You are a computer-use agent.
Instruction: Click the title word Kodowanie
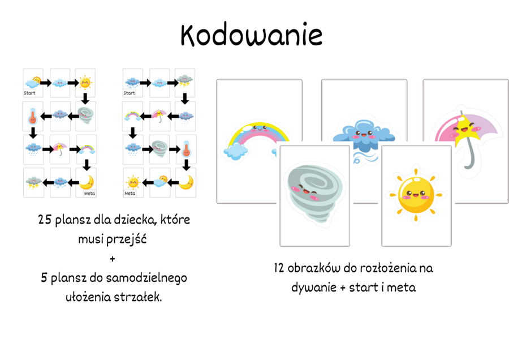[x=251, y=35]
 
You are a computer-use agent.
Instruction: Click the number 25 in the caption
[x=45, y=220]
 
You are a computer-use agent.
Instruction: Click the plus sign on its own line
[x=112, y=259]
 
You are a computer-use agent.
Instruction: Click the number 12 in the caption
[x=279, y=268]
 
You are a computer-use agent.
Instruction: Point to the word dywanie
[x=313, y=288]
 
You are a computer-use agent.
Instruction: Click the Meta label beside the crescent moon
[x=89, y=193]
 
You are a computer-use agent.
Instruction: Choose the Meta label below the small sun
[x=130, y=193]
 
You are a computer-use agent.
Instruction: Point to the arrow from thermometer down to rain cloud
[x=33, y=132]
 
